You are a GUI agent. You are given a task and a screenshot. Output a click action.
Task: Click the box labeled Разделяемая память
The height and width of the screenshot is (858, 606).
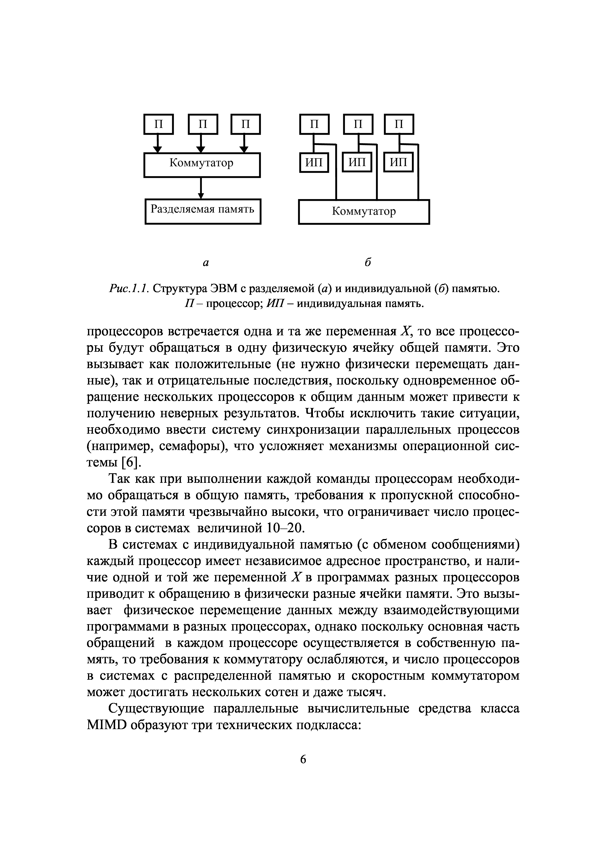point(202,212)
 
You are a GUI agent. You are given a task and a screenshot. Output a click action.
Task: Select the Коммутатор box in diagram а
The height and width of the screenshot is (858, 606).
point(202,165)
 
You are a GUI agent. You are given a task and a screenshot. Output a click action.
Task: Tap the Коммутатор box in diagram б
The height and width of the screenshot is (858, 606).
point(364,212)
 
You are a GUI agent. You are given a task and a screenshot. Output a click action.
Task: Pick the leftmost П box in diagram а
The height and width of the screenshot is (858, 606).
point(159,124)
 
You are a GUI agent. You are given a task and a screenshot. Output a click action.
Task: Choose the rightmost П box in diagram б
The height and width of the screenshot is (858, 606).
point(399,124)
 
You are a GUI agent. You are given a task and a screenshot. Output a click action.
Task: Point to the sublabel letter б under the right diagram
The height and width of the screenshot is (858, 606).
point(368,262)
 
